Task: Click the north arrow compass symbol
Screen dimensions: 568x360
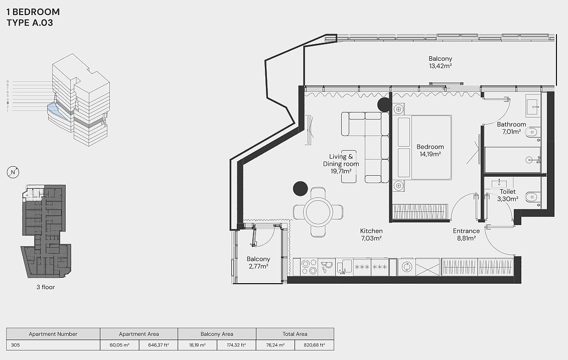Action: tap(13, 172)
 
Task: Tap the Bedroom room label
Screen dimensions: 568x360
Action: tap(430, 147)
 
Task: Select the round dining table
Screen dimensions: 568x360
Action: tap(318, 212)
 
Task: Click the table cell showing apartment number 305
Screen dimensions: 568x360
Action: tap(53, 345)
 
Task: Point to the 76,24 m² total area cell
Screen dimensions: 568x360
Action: tap(275, 345)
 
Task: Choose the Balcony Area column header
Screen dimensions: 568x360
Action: tap(217, 334)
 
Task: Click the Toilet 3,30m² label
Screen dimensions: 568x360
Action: tap(507, 195)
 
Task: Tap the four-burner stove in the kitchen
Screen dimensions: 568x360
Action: tap(309, 267)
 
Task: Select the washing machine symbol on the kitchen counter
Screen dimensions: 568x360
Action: tap(407, 267)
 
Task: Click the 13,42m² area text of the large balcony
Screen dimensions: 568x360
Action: tap(441, 66)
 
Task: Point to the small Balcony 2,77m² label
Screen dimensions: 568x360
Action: tap(258, 263)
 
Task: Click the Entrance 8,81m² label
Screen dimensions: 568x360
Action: tap(466, 234)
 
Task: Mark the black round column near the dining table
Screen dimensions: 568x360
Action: tap(300, 188)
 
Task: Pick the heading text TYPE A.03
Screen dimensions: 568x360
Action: tap(30, 23)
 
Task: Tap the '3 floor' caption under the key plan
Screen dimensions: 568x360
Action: tap(46, 287)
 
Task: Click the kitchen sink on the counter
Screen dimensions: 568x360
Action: tap(327, 267)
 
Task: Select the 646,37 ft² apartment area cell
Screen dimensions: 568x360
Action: tap(158, 345)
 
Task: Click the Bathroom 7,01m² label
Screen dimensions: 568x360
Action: tap(511, 128)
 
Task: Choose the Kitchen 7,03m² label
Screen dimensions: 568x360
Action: tap(371, 234)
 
